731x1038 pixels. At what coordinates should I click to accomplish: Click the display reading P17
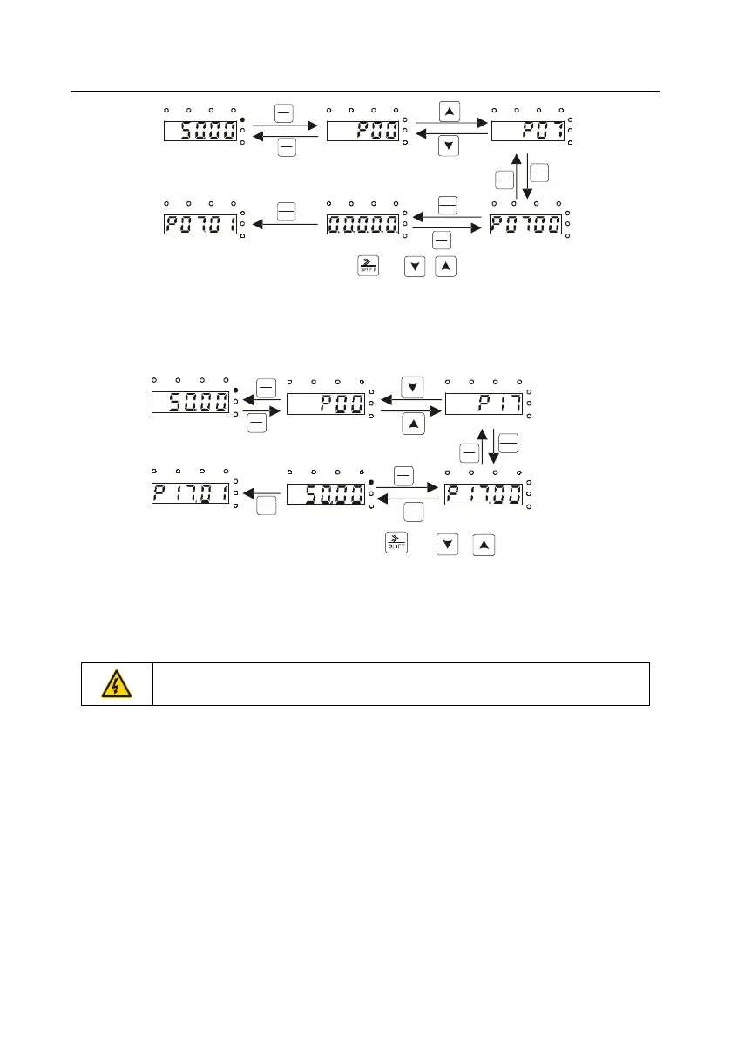coord(484,404)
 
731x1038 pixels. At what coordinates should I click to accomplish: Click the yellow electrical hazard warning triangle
coord(117,684)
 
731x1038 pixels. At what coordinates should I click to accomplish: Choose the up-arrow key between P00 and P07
coord(448,112)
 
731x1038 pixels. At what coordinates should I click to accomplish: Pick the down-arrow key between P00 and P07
coord(448,146)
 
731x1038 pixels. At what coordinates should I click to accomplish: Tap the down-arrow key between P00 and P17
coord(413,387)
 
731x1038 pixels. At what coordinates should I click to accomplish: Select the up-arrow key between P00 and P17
coord(413,424)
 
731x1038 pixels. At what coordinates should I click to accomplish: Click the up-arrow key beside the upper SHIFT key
coord(443,266)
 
